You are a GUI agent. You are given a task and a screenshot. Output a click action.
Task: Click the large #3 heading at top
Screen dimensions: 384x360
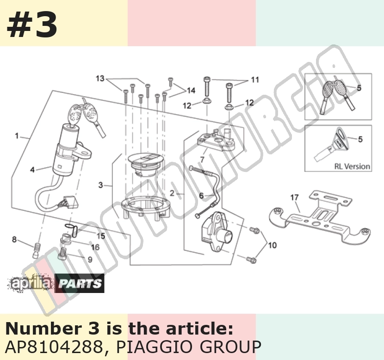click(x=32, y=25)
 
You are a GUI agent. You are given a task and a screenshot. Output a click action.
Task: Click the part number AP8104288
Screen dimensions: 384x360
click(x=54, y=347)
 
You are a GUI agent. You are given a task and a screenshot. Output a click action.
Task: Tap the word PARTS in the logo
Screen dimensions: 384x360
click(x=80, y=283)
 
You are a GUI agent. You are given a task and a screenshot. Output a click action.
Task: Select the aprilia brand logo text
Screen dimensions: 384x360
click(x=31, y=284)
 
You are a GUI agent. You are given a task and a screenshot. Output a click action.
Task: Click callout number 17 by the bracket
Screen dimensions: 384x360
click(x=294, y=197)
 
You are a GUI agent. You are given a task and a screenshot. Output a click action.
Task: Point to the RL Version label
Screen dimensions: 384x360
click(x=352, y=166)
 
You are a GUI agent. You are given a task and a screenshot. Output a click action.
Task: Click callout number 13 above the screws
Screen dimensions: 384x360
click(x=100, y=79)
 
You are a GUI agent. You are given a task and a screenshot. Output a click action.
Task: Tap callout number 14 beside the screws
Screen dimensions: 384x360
click(x=191, y=91)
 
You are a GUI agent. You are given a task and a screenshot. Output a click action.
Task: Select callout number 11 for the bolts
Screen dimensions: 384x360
click(x=255, y=80)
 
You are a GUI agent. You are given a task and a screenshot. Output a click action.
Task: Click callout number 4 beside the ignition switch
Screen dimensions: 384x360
click(x=32, y=170)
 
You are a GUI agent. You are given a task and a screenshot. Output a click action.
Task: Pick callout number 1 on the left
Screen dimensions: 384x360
click(x=17, y=136)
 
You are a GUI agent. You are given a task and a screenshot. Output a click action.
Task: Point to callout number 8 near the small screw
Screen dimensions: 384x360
click(x=14, y=239)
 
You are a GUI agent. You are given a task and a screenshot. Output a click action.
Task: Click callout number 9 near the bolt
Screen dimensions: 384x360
click(x=90, y=259)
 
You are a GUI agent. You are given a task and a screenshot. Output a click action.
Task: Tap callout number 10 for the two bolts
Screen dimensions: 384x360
click(x=273, y=245)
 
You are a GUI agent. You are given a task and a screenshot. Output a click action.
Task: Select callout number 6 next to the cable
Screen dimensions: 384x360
click(x=201, y=195)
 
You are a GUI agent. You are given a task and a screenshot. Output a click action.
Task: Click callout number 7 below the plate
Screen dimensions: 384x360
click(x=202, y=160)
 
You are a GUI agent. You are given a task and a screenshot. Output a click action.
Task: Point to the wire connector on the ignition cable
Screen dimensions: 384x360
click(x=70, y=201)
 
